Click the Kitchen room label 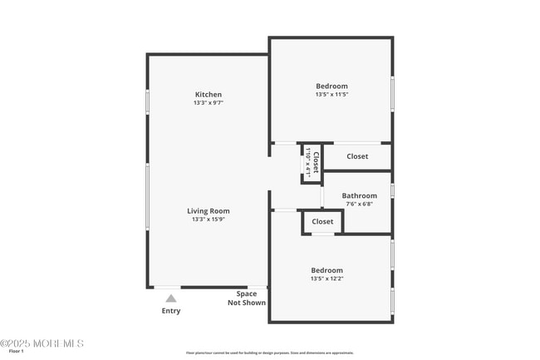pyautogui.click(x=209, y=94)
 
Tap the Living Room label pyautogui.click(x=209, y=211)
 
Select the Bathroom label pyautogui.click(x=359, y=196)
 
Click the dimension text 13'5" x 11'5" pyautogui.click(x=331, y=95)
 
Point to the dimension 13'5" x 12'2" pyautogui.click(x=326, y=279)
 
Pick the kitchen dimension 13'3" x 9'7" pyautogui.click(x=209, y=103)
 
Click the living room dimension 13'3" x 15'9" pyautogui.click(x=209, y=220)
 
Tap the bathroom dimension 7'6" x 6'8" pyautogui.click(x=358, y=205)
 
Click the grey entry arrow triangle pyautogui.click(x=170, y=298)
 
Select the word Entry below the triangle pyautogui.click(x=170, y=311)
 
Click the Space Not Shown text pyautogui.click(x=247, y=298)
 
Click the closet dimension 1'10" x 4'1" pyautogui.click(x=308, y=163)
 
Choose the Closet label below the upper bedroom pyautogui.click(x=357, y=156)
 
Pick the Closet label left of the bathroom pyautogui.click(x=322, y=222)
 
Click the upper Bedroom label pyautogui.click(x=331, y=86)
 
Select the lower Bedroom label pyautogui.click(x=326, y=270)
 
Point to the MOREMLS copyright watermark pyautogui.click(x=42, y=343)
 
